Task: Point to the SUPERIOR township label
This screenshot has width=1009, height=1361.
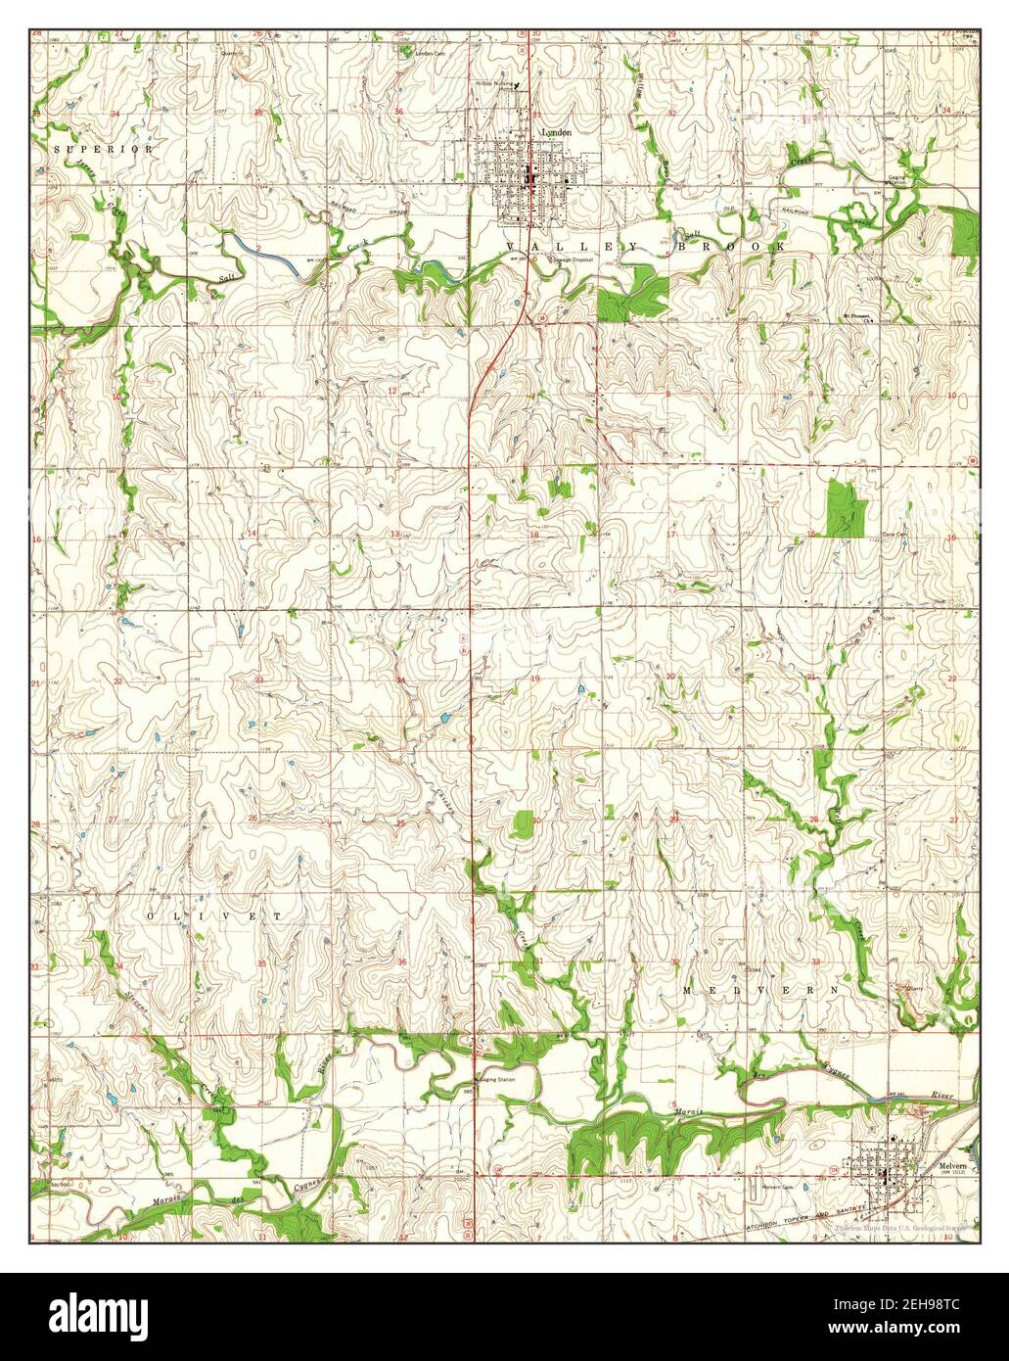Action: pos(104,150)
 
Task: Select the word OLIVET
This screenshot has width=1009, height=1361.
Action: pos(213,915)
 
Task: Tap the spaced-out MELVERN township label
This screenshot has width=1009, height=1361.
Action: pos(760,991)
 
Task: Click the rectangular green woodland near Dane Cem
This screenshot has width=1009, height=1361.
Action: pos(847,508)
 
